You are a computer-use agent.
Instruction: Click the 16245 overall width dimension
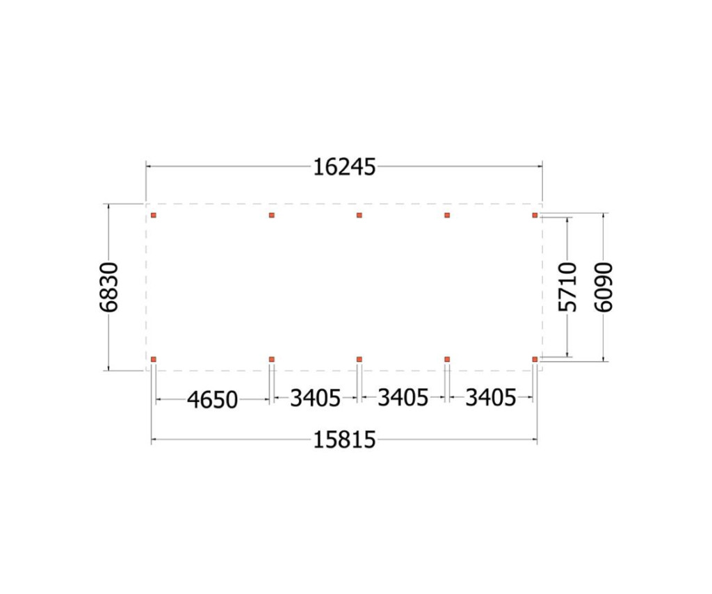pyautogui.click(x=344, y=167)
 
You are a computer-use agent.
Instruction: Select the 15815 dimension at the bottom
pyautogui.click(x=344, y=440)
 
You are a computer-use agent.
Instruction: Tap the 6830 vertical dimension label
pyautogui.click(x=109, y=287)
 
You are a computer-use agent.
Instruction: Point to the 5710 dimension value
pyautogui.click(x=567, y=287)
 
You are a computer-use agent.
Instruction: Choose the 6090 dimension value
pyautogui.click(x=604, y=287)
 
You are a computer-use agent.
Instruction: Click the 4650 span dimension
pyautogui.click(x=213, y=400)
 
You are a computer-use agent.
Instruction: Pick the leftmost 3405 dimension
pyautogui.click(x=315, y=399)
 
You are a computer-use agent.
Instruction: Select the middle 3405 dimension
pyautogui.click(x=403, y=399)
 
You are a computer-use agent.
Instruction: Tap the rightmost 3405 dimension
pyautogui.click(x=491, y=399)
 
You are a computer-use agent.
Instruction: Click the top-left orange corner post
pyautogui.click(x=154, y=215)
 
